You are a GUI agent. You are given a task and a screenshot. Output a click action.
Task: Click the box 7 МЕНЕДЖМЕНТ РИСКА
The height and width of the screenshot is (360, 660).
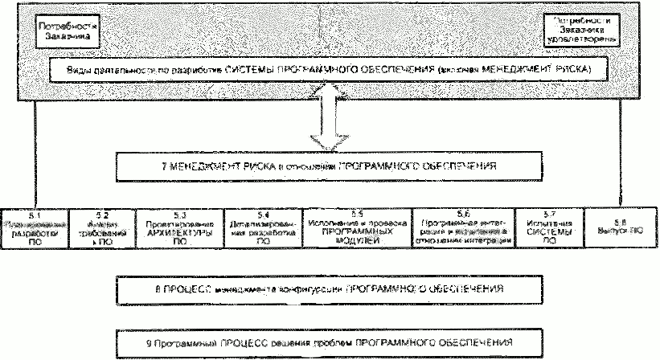point(330,169)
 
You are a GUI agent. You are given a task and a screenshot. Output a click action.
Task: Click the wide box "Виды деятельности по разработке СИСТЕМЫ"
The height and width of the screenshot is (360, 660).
point(330,71)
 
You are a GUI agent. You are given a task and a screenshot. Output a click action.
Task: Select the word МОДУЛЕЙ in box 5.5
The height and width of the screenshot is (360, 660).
point(357,239)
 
